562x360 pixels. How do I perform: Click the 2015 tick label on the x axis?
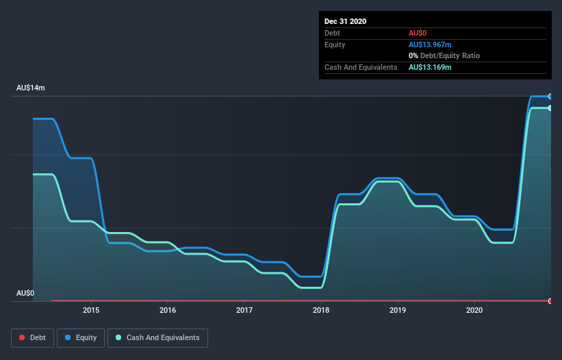91,311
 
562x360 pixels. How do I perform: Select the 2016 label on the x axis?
168,311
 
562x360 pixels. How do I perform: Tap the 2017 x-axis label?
244,311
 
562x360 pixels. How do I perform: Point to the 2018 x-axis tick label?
321,311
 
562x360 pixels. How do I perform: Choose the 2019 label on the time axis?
398,311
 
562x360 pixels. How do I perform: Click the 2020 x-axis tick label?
474,311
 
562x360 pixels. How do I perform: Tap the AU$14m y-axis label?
31,88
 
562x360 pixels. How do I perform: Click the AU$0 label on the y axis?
25,294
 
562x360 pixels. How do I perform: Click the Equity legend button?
81,337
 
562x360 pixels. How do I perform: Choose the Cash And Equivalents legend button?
157,337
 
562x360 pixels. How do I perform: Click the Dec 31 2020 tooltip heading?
345,21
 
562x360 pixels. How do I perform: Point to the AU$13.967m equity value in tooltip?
430,44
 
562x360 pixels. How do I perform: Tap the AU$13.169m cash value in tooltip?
430,67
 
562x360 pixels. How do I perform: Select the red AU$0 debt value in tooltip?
418,33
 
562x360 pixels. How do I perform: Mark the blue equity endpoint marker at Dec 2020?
550,97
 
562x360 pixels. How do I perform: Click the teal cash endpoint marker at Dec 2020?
550,108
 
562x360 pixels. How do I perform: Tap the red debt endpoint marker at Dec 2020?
550,301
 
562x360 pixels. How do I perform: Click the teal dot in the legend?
118,337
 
